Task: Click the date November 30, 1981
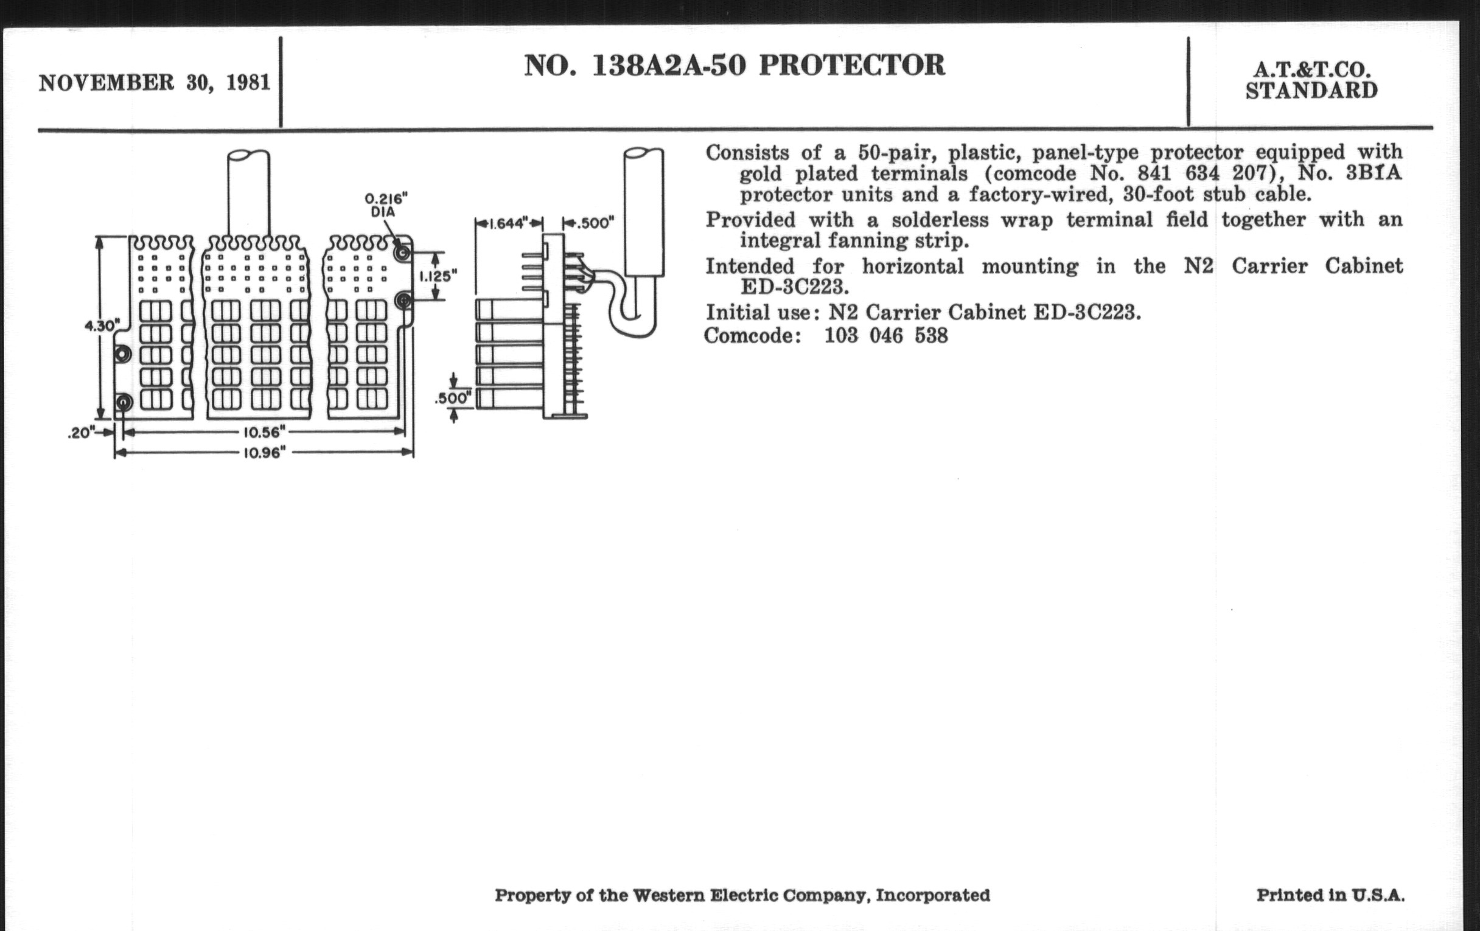(x=155, y=83)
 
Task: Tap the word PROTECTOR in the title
(x=852, y=66)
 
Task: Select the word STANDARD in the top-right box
(x=1311, y=90)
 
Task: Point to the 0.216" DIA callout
(x=385, y=204)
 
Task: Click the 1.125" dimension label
(x=438, y=276)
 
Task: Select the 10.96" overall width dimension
(x=264, y=453)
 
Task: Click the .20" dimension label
(x=81, y=433)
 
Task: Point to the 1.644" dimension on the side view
(x=508, y=223)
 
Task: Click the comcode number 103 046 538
(x=886, y=336)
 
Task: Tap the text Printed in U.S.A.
(x=1331, y=895)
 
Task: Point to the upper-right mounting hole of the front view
(x=403, y=253)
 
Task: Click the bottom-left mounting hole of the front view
(x=123, y=403)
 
